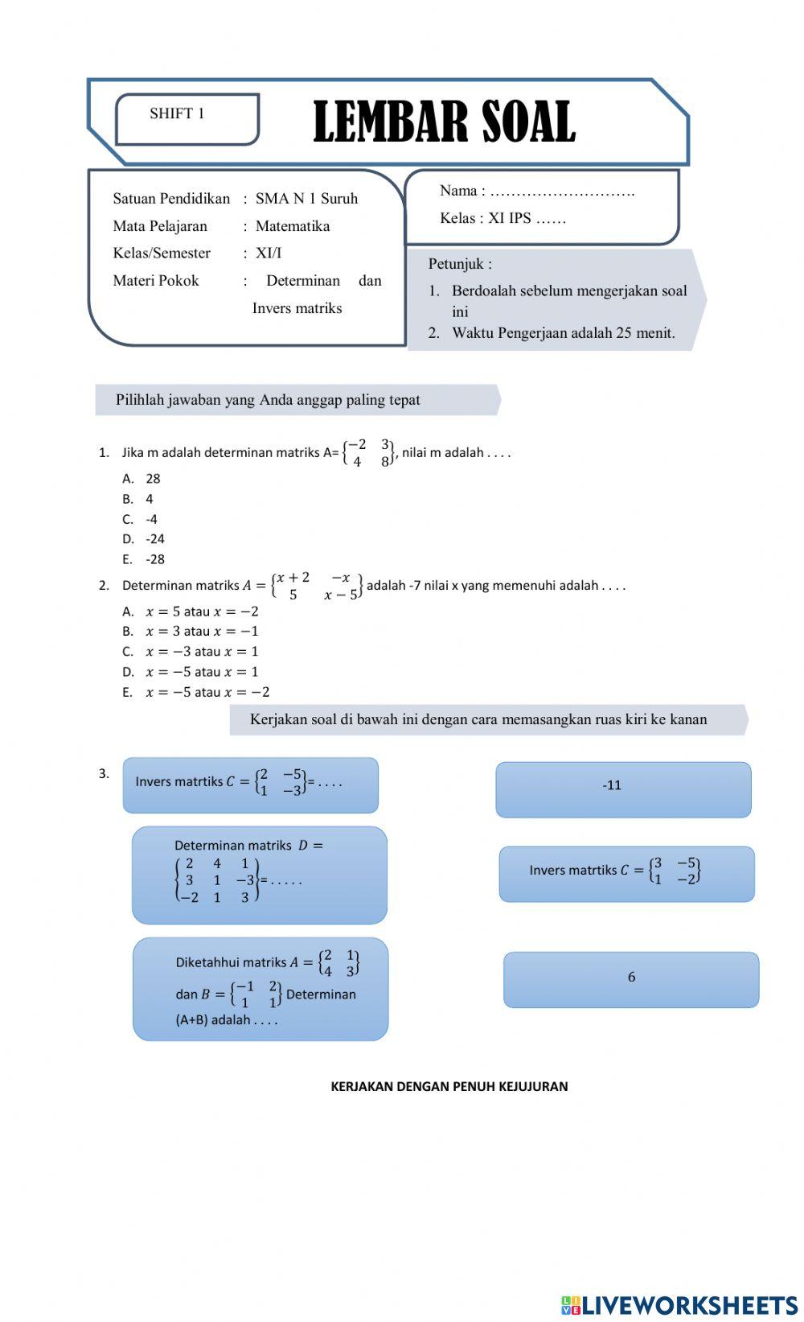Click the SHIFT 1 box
[x=187, y=119]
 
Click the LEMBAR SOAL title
[x=444, y=123]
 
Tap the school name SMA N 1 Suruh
[x=306, y=199]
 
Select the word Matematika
[x=293, y=226]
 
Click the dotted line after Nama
[x=562, y=192]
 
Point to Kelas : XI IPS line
[x=503, y=219]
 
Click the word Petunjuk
[x=459, y=264]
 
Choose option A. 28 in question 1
[x=142, y=479]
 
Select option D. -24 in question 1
[x=144, y=539]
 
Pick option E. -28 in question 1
[x=144, y=559]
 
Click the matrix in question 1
[x=368, y=453]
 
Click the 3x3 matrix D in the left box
[x=216, y=880]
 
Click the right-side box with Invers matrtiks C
[x=626, y=874]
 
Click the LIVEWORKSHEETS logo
[x=679, y=1304]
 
